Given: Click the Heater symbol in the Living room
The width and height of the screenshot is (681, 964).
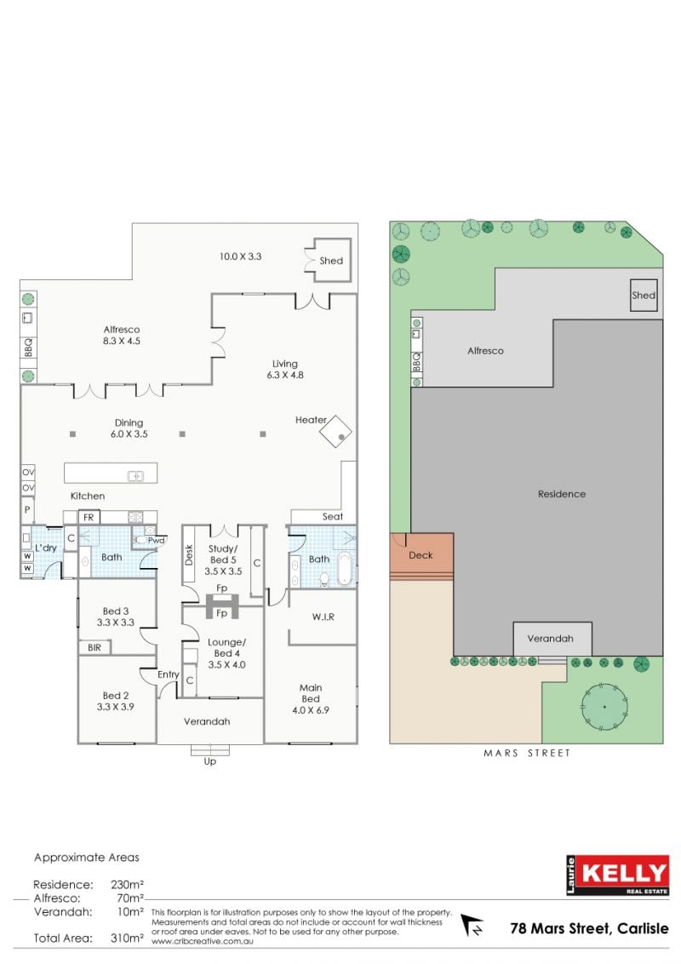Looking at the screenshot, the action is tap(335, 431).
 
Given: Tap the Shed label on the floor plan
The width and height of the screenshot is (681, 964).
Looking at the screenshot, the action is tap(331, 261).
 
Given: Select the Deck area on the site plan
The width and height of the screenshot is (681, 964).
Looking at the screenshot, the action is tap(421, 556).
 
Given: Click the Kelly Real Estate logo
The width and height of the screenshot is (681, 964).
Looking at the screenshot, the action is tap(618, 875).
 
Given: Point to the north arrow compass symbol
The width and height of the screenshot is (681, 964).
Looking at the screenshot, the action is tap(472, 925).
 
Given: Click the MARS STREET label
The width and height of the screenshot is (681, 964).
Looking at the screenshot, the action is tap(527, 753).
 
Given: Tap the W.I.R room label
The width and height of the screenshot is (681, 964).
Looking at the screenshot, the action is tap(323, 617).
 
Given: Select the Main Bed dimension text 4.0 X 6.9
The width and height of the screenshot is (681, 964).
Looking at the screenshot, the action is tap(311, 710).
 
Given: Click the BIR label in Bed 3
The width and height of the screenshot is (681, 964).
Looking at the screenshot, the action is tap(94, 647).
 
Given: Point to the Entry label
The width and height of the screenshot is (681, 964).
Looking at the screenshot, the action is tap(169, 674).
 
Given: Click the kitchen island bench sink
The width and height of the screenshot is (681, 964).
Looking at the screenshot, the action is tap(136, 476).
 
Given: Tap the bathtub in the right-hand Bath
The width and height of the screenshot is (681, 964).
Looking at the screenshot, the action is tap(344, 570).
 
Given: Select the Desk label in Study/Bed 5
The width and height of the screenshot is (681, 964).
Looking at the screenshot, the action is tap(189, 554).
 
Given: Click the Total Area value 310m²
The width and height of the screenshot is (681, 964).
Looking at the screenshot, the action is tap(127, 938).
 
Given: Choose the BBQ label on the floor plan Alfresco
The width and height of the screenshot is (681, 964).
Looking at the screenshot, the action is tap(28, 347).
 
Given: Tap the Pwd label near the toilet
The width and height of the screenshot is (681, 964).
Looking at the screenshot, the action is tap(156, 541).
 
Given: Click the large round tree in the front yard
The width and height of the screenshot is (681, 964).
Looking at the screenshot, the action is tap(604, 707).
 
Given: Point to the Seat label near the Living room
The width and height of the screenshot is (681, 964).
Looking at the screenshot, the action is tap(333, 516).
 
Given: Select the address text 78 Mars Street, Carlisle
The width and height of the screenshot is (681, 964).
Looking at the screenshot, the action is tap(589, 928).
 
